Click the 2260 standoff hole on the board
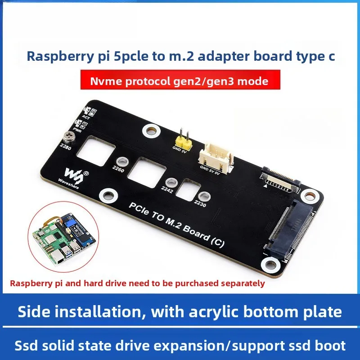[121, 161]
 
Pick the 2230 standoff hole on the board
[204, 196]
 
